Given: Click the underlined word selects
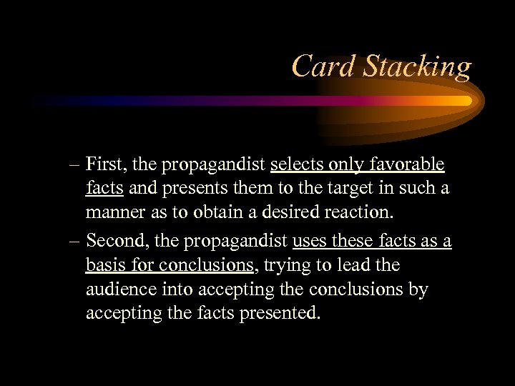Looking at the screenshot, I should pos(296,165).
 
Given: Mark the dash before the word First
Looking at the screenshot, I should pos(74,166).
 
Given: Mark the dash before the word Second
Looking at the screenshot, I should pos(74,242).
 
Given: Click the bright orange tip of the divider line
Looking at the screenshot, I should pos(464,101).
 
